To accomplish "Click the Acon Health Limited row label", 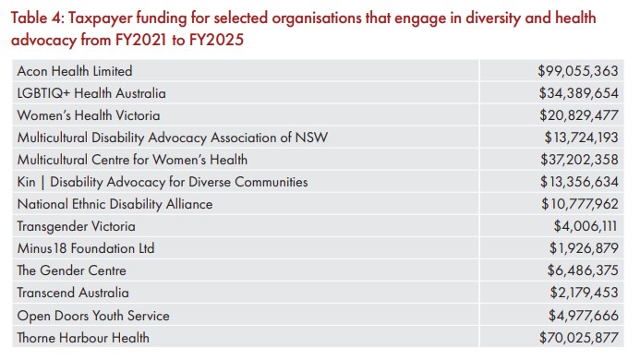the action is (75, 71).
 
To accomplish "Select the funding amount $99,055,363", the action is (577, 71).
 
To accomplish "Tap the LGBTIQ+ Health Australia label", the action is (91, 93).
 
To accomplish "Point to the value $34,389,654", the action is (578, 93).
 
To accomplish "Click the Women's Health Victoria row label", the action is (89, 115).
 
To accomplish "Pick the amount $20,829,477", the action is (579, 115).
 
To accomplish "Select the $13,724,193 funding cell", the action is (581, 138).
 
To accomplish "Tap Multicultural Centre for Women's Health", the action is (132, 160).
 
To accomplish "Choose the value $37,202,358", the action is (579, 160).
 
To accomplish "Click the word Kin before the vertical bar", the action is (26, 182).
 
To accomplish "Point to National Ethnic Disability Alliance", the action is (115, 204).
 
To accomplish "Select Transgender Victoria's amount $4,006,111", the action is (586, 226).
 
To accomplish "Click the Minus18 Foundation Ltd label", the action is (86, 248).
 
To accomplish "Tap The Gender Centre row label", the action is (71, 270).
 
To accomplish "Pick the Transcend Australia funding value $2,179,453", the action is (584, 293).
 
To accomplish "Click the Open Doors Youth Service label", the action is (93, 316).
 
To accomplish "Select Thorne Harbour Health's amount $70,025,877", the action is (579, 338).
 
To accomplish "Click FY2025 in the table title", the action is (216, 40).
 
